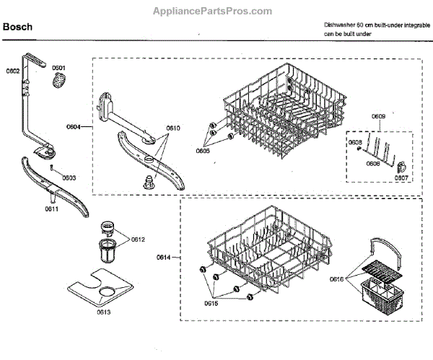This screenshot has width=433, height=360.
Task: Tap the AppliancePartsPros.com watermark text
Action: click(213, 11)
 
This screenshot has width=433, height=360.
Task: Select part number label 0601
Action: click(58, 68)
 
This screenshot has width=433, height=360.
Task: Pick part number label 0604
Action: click(73, 127)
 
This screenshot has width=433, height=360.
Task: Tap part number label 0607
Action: click(401, 177)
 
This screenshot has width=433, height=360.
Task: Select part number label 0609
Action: click(378, 116)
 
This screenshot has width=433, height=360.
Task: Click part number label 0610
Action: click(173, 128)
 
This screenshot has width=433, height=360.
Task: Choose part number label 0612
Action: click(138, 240)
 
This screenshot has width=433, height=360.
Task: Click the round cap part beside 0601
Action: click(58, 82)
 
